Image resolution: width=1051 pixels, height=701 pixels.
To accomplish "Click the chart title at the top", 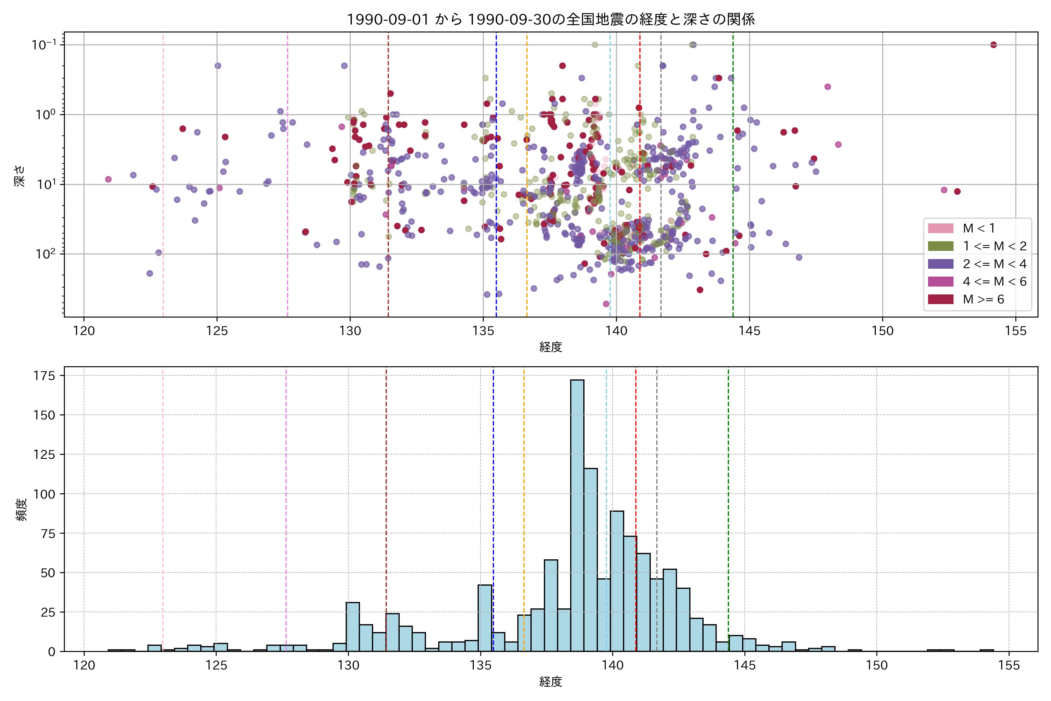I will [551, 20].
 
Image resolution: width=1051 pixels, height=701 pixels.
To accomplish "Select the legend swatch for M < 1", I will [941, 228].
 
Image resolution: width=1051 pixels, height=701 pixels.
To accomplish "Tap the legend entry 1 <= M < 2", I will [994, 246].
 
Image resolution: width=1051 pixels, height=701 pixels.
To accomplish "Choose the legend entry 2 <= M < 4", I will [994, 264].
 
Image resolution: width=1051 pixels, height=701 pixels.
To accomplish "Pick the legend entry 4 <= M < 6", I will [994, 282].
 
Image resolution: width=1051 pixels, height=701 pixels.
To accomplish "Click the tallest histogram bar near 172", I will [577, 514].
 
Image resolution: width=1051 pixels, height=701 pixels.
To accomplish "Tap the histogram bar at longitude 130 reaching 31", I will [353, 626].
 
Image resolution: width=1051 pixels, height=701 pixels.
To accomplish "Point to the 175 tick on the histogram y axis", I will [44, 376].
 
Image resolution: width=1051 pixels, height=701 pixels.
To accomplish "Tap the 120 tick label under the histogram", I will [84, 666].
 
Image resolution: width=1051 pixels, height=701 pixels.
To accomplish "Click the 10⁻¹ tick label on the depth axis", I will [44, 45].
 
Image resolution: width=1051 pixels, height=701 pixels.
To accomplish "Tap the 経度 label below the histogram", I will [551, 682].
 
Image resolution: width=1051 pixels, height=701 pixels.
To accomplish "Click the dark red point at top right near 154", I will [993, 45].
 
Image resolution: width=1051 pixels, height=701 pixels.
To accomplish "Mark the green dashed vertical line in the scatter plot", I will [733, 179].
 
